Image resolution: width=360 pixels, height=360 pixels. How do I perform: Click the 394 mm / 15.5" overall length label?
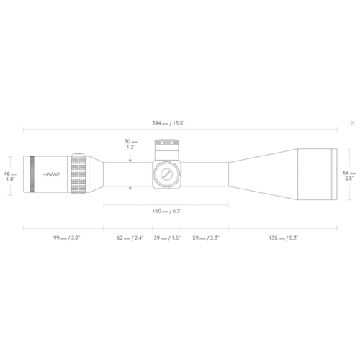coord(168,123)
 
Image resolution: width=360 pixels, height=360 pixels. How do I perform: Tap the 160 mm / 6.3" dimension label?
coord(167,211)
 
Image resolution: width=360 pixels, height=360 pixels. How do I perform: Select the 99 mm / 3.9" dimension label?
coord(67,238)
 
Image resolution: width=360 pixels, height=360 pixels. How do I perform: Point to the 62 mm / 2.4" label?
coord(130,238)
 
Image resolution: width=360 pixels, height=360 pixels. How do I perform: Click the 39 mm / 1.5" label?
coord(167,238)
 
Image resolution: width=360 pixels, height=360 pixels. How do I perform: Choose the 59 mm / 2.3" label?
coord(206,238)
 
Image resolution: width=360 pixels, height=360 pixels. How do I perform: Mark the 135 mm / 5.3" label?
coord(284,238)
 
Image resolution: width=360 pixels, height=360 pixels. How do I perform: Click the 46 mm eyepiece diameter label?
coord(10,176)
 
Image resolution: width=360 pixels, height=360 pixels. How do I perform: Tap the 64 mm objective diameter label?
coord(349,176)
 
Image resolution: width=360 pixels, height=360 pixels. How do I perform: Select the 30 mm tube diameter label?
coord(131,144)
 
